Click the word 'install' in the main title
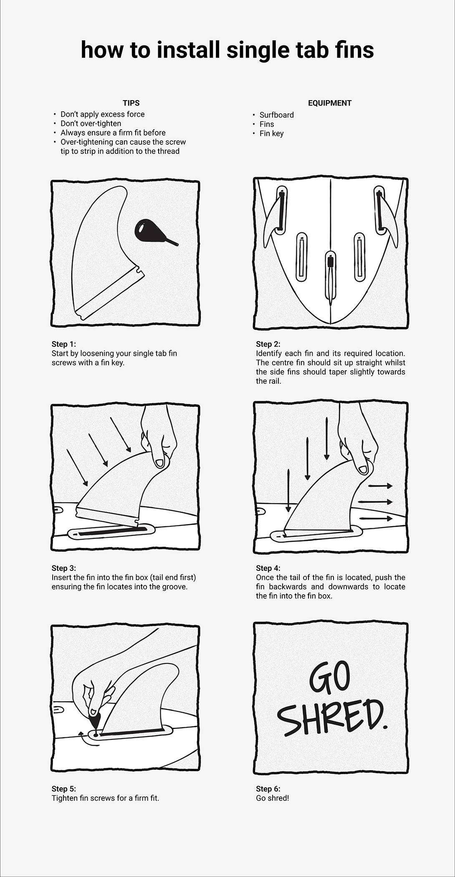pyautogui.click(x=188, y=50)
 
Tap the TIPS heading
pyautogui.click(x=131, y=103)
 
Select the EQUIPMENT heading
pyautogui.click(x=330, y=103)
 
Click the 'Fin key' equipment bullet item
pyautogui.click(x=271, y=133)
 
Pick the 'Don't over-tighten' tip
pyautogui.click(x=91, y=123)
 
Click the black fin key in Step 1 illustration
pyautogui.click(x=154, y=231)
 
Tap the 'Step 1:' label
pyautogui.click(x=64, y=344)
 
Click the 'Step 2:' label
pyautogui.click(x=268, y=344)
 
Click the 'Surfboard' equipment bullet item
pyautogui.click(x=276, y=115)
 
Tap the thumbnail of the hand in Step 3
pyautogui.click(x=159, y=462)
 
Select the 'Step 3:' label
pyautogui.click(x=64, y=568)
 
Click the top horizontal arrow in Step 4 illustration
pyautogui.click(x=380, y=486)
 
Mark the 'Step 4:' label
pyautogui.click(x=268, y=568)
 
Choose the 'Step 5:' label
pyautogui.click(x=64, y=789)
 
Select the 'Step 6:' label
pyautogui.click(x=268, y=789)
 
